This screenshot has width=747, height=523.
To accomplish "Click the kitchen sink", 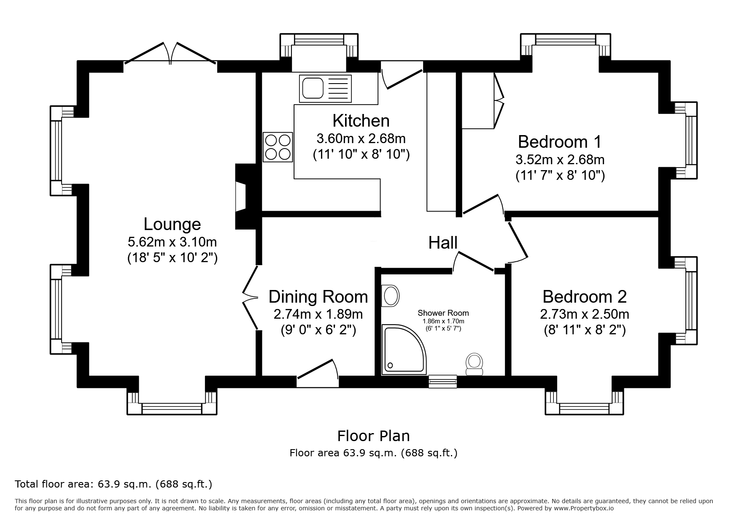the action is tap(325, 89).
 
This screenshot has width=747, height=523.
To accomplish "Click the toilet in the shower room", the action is tap(475, 364).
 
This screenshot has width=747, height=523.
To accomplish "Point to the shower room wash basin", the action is tap(390, 296).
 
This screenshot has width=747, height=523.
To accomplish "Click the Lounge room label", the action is tap(172, 224).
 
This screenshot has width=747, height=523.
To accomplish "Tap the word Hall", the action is tap(443, 243).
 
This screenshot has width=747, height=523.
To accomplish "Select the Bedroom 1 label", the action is tap(560, 142).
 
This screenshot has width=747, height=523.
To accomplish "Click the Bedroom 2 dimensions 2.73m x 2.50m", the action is tap(585, 314).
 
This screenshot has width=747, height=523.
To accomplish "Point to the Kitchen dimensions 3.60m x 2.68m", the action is tap(361, 138).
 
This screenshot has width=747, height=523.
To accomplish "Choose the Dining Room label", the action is tap(318, 297).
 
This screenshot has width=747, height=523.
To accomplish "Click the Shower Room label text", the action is tap(443, 313).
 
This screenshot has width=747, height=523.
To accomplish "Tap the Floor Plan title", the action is tap(373, 435).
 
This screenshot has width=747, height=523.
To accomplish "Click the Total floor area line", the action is tap(113, 484).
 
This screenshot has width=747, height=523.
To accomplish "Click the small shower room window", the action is tap(442, 381).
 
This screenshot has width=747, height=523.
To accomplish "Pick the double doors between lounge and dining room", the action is tap(251, 298).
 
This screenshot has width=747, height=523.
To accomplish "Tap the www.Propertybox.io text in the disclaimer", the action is tap(583, 508).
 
